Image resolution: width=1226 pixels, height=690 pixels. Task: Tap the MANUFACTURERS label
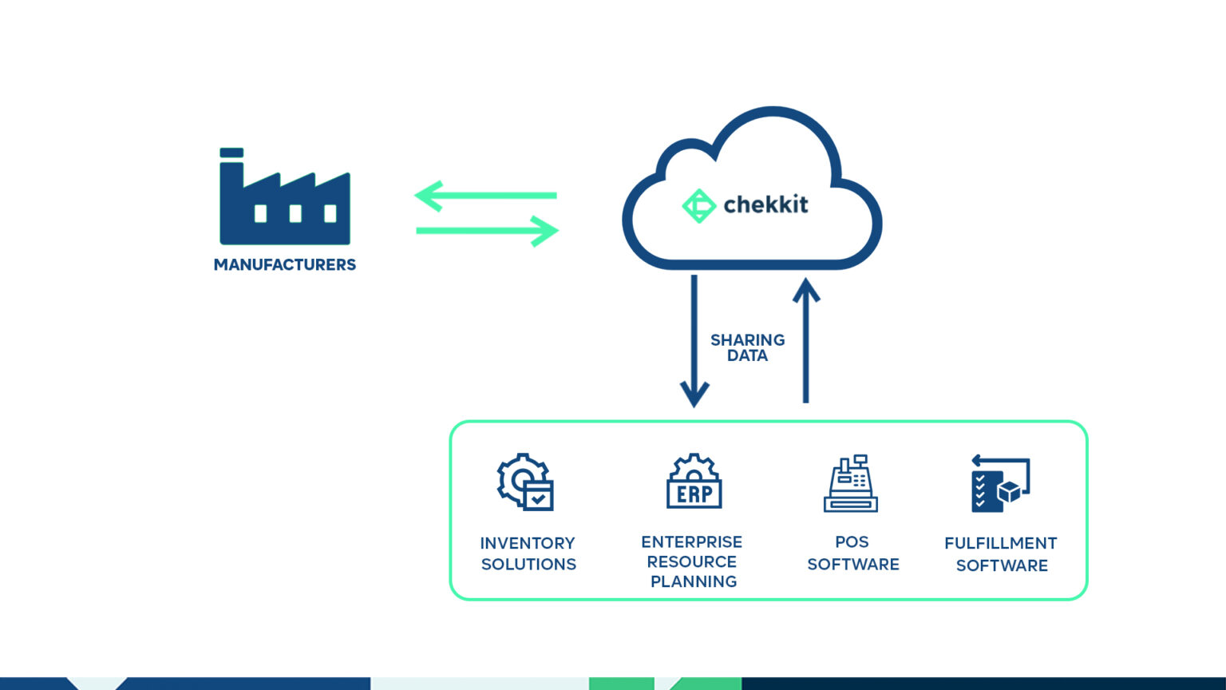(285, 264)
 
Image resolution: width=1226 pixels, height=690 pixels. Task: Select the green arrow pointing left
(485, 196)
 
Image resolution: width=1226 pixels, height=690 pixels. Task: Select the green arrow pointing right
(487, 231)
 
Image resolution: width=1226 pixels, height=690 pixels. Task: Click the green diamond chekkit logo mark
(698, 205)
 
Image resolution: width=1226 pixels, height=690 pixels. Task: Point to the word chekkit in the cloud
(765, 204)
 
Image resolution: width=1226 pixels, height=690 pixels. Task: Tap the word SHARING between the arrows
(747, 340)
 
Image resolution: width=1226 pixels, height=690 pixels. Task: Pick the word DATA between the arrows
(747, 356)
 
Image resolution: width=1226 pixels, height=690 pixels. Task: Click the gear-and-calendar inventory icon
(525, 482)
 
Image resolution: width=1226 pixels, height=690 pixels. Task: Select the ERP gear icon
(694, 482)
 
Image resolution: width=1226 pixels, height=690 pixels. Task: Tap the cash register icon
(851, 484)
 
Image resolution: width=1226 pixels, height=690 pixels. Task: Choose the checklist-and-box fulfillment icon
(1000, 484)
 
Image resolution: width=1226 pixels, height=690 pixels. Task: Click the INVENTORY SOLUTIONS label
(528, 553)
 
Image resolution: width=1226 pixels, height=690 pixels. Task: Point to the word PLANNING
(694, 581)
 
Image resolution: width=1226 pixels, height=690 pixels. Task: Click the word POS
(852, 541)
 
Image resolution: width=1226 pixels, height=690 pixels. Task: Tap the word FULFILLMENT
(1000, 543)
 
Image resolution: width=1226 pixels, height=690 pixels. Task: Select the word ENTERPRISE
(691, 541)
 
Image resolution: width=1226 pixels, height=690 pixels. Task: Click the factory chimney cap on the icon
(231, 153)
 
